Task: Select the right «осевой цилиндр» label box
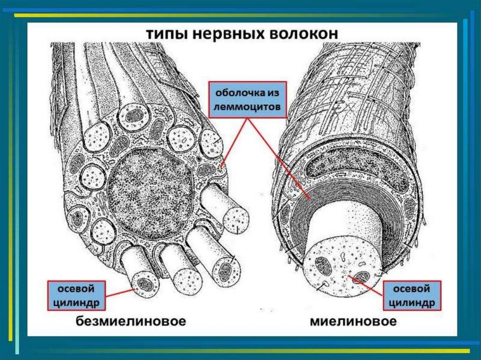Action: tap(413, 295)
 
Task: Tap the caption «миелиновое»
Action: tap(353, 322)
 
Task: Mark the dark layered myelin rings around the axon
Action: tap(329, 197)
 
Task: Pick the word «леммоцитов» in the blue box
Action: tap(248, 107)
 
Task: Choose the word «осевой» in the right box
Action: tap(413, 287)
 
